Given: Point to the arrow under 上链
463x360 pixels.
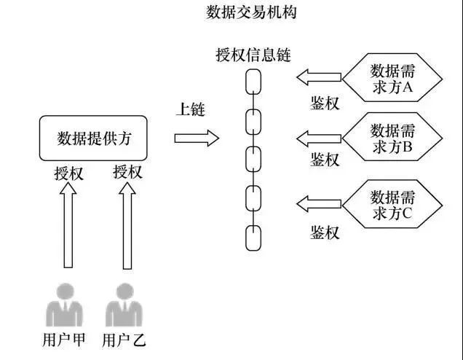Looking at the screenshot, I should coord(197,138).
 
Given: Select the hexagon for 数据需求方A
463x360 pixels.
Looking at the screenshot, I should coord(392,79).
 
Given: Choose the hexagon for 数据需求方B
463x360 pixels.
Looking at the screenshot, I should coord(392,139).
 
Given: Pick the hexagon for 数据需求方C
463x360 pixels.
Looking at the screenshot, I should coord(392,205).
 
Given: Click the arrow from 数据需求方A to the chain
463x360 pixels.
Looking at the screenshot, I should coord(318,76).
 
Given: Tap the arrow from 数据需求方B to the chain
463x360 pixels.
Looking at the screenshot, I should coord(318,136).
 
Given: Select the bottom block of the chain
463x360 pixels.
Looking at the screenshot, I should coord(253,238).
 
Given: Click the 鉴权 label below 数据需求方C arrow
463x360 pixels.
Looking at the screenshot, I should coord(325,232).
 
